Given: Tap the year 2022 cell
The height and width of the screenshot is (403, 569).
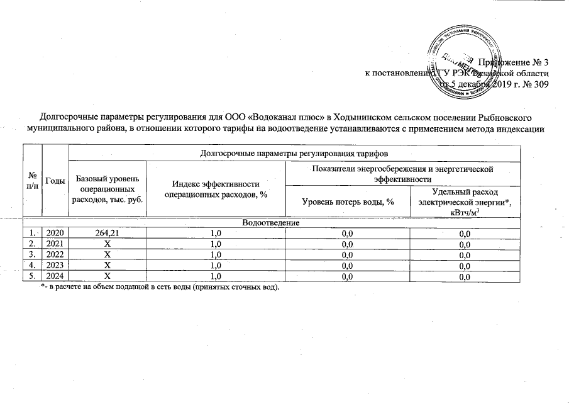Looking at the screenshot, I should (x=55, y=254).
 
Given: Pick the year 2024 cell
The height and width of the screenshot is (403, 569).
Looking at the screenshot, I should (x=55, y=275).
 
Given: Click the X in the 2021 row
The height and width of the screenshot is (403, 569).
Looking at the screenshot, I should (x=108, y=244).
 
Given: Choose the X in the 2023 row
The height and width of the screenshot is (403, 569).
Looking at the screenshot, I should (x=108, y=265).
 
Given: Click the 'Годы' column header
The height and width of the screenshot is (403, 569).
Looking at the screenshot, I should (x=55, y=180).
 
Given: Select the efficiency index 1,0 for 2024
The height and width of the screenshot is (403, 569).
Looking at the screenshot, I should (x=216, y=275).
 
